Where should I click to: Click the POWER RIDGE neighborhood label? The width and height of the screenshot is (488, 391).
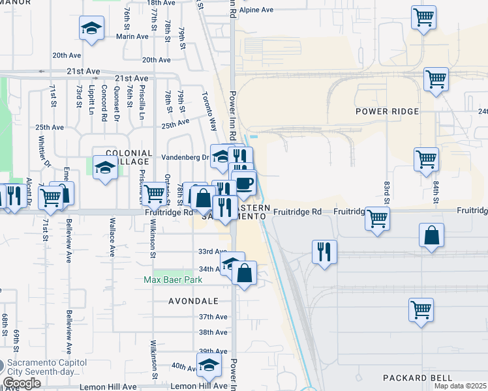coord(387,111)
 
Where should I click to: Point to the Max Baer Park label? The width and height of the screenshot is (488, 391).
coord(173,280)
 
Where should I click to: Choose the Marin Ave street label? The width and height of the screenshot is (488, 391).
coord(132,36)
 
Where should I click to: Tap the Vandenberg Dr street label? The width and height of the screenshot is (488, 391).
coord(190,157)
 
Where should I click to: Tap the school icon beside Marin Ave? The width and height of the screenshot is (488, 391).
coord(92,28)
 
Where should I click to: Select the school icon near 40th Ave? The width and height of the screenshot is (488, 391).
coord(209,364)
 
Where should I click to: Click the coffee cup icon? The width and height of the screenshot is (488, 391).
coord(244,182)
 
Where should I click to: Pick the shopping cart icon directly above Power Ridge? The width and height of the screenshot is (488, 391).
coord(436,80)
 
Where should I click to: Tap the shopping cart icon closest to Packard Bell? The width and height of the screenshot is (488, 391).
coord(421,309)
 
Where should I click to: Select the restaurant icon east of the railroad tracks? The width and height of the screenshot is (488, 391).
coord(324,251)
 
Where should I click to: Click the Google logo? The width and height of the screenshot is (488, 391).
coord(22,383)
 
